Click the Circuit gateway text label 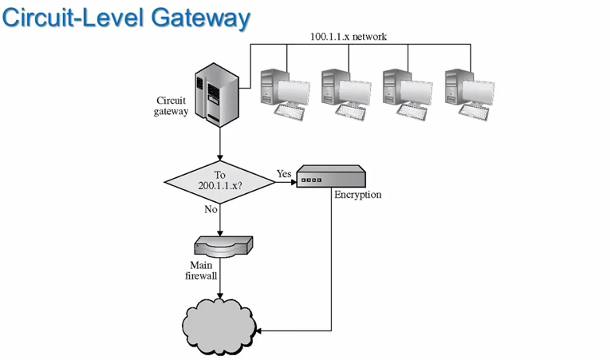coord(172,106)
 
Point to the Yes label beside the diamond coord(285,173)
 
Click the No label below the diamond coord(211,208)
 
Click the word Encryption coord(358,194)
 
